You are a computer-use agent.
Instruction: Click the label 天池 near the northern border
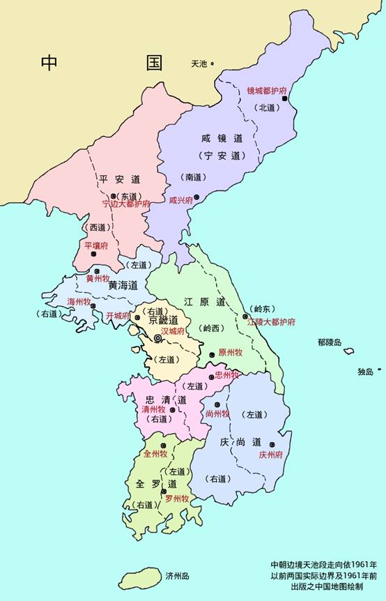(199, 64)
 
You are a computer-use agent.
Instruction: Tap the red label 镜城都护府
(268, 91)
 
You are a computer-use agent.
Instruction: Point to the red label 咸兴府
(180, 199)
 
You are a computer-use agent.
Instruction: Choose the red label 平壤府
(96, 245)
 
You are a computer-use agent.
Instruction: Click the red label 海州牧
(79, 301)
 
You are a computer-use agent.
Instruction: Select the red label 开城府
(118, 316)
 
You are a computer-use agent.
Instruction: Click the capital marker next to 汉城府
(158, 338)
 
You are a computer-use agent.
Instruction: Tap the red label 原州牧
(230, 352)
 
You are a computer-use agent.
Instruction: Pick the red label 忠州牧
(227, 375)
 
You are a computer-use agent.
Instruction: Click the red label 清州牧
(153, 409)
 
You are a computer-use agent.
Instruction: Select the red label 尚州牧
(217, 413)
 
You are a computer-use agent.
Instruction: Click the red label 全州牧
(155, 454)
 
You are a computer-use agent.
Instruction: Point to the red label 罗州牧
(177, 499)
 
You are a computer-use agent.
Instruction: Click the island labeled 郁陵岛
(348, 351)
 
